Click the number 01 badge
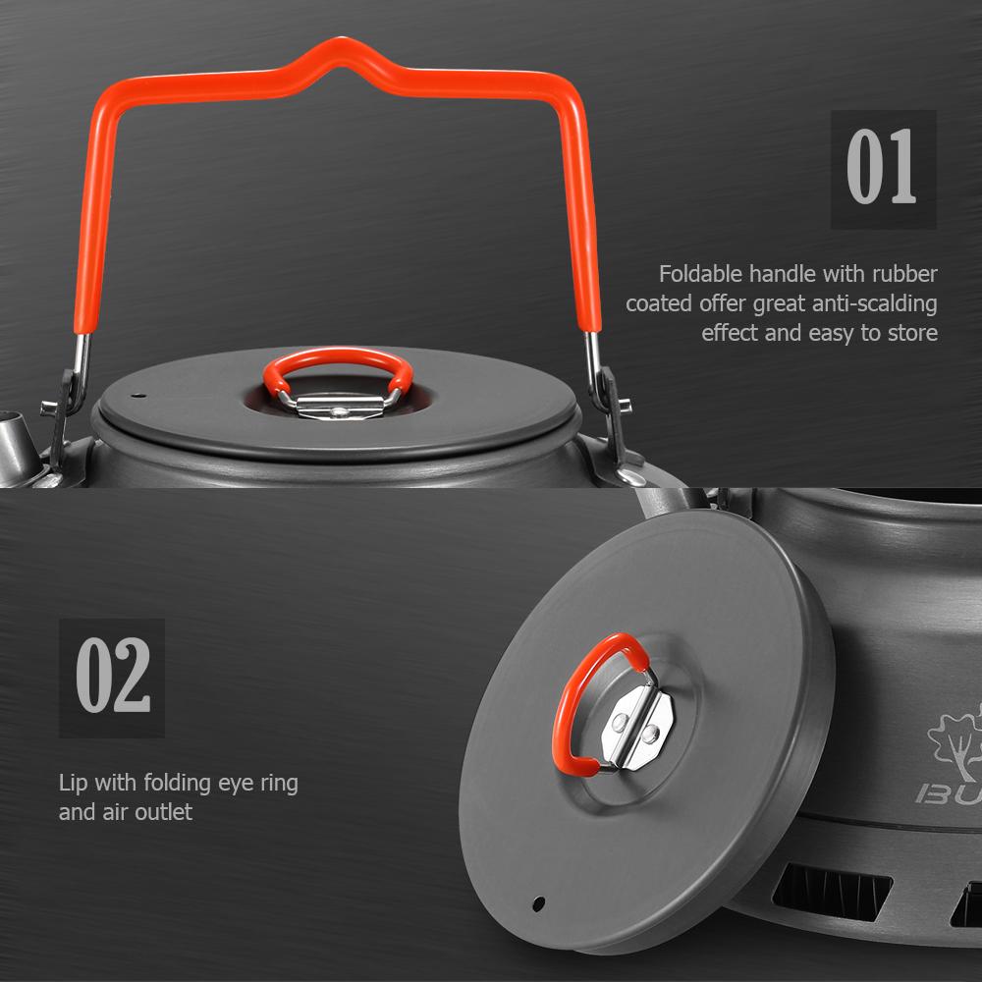[x=883, y=169]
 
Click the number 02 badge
[x=112, y=678]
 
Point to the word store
[x=911, y=332]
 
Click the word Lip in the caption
[x=73, y=783]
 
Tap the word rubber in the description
[x=904, y=273]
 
